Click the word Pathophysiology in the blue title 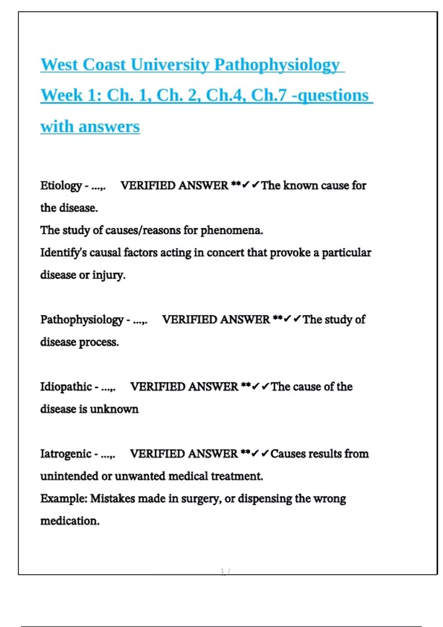coord(277,65)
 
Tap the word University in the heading coord(170,65)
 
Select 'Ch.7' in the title coord(269,95)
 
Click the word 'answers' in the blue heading coord(109,127)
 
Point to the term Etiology coord(61,186)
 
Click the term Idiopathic coord(66,387)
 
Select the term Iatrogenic coord(65,454)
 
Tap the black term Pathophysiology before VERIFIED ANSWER coord(82,320)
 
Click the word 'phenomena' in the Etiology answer coord(231,231)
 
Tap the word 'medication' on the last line coord(70,521)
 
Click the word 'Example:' coord(63,499)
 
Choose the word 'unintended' coord(69,477)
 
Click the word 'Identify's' coord(63,253)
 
